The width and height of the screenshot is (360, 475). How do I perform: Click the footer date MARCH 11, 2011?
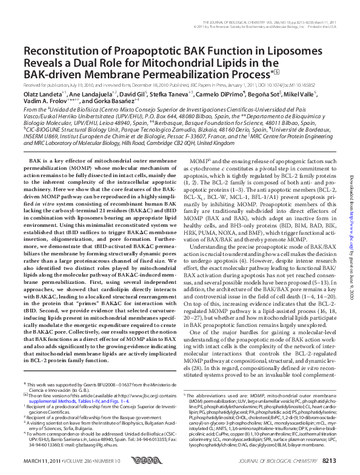[x=42, y=462]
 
